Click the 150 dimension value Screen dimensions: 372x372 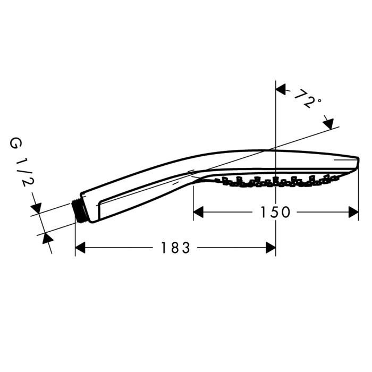(275, 212)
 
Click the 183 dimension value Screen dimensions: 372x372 (175, 248)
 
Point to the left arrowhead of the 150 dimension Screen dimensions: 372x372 (198, 212)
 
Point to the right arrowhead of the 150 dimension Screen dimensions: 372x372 (353, 212)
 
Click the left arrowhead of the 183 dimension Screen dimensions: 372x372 (80, 248)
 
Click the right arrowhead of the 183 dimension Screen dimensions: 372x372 (270, 248)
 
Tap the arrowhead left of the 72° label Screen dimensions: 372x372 (281, 89)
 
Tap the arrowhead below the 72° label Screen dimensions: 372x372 (328, 124)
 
